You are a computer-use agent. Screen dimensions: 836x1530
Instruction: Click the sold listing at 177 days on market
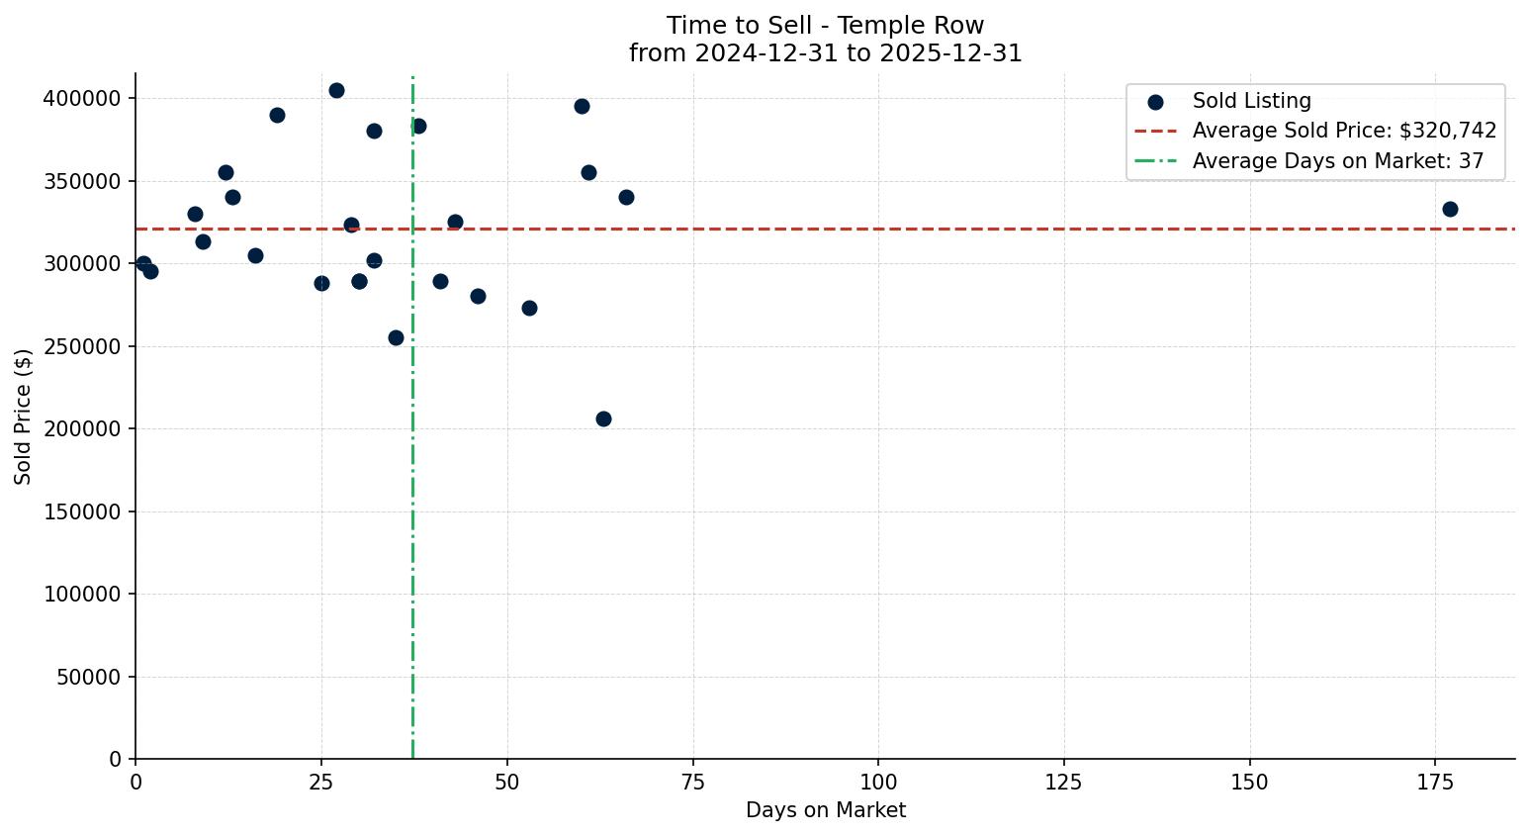pyautogui.click(x=1450, y=209)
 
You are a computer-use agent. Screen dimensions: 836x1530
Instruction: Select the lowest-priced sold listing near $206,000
pyautogui.click(x=603, y=418)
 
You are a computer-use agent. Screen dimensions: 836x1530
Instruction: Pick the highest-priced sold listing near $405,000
pyautogui.click(x=336, y=90)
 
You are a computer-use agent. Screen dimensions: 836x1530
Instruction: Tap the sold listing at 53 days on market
pyautogui.click(x=529, y=308)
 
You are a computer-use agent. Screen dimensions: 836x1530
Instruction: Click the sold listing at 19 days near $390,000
pyautogui.click(x=277, y=115)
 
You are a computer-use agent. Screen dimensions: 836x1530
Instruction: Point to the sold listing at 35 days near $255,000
pyautogui.click(x=396, y=337)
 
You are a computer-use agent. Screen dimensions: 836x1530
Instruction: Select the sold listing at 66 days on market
pyautogui.click(x=626, y=197)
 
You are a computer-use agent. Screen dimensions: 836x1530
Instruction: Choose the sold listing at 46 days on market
pyautogui.click(x=478, y=296)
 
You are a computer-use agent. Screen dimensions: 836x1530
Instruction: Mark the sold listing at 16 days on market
pyautogui.click(x=255, y=255)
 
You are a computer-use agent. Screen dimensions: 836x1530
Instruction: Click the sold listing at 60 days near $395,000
pyautogui.click(x=582, y=106)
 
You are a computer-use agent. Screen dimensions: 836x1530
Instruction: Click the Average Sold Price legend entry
pyautogui.click(x=1344, y=131)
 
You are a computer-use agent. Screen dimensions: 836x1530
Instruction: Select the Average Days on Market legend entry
pyautogui.click(x=1337, y=161)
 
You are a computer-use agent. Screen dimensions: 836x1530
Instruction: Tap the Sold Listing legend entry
pyautogui.click(x=1251, y=101)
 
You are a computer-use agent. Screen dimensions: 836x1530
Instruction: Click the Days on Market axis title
pyautogui.click(x=825, y=810)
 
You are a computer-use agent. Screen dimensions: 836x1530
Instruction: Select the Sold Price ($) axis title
pyautogui.click(x=24, y=416)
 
